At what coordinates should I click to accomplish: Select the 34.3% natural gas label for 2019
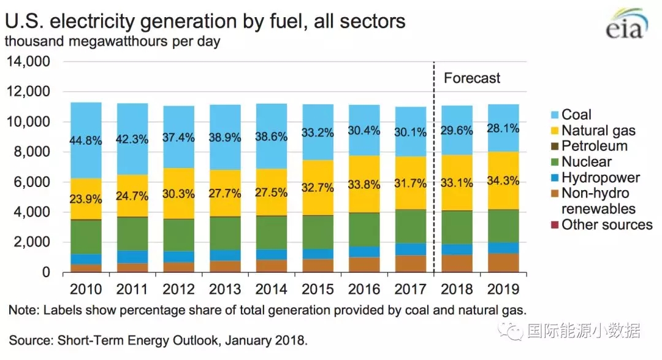pos(503,182)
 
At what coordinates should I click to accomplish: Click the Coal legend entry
pos(576,115)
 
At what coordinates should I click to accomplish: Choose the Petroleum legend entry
pos(594,146)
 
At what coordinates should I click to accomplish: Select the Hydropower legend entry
pos(600,178)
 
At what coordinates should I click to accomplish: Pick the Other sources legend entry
pos(606,225)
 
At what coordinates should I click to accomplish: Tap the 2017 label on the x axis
pos(410,289)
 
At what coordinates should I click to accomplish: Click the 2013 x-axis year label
pos(225,289)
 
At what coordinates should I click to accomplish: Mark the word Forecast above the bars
pos(472,79)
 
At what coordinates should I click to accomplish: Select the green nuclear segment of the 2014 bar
pos(271,232)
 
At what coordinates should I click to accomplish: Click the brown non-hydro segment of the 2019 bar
pos(503,262)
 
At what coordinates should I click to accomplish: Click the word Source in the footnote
pos(27,339)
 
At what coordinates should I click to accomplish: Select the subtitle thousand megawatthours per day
pos(113,42)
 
